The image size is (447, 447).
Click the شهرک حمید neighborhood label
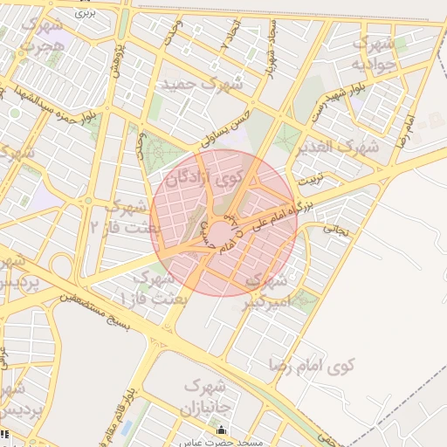pos(200,85)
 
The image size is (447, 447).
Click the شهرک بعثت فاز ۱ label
pos(148,289)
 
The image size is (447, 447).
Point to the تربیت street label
pos(311,181)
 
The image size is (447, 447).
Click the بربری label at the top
pos(84,14)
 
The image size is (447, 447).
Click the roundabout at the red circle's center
pos(222,230)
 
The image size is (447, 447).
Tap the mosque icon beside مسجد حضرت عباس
pos(220,430)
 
